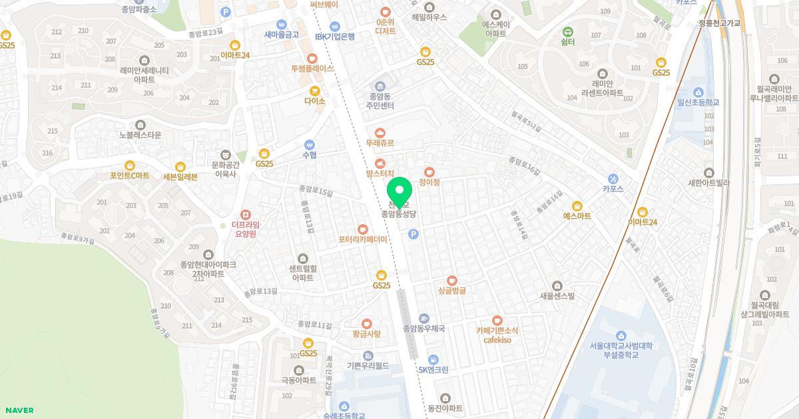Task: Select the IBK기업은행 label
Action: pyautogui.click(x=335, y=37)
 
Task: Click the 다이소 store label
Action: pyautogui.click(x=314, y=101)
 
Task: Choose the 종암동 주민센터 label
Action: pyautogui.click(x=380, y=101)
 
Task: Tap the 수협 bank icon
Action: pyautogui.click(x=309, y=144)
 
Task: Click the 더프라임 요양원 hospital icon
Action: pyautogui.click(x=245, y=214)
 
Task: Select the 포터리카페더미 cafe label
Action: pyautogui.click(x=362, y=239)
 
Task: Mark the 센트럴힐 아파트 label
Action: pyautogui.click(x=302, y=273)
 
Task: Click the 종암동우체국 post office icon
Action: pyautogui.click(x=424, y=318)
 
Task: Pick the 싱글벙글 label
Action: pyautogui.click(x=452, y=291)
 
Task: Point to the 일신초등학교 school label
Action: pyautogui.click(x=698, y=103)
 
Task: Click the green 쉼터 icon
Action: pyautogui.click(x=568, y=31)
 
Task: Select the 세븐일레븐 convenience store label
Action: pyautogui.click(x=180, y=176)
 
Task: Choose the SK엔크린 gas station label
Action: pyautogui.click(x=433, y=370)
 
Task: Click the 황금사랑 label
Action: pyautogui.click(x=366, y=334)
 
